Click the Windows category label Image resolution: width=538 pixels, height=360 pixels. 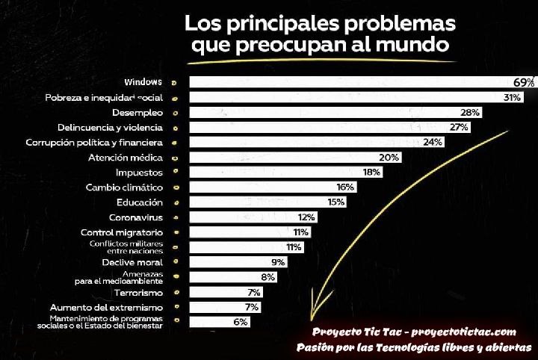143,81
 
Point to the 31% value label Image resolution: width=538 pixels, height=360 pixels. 512,97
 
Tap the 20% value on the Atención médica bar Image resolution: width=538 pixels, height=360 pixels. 389,158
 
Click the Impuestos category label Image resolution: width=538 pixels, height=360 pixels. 138,172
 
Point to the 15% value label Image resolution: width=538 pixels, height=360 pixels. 336,202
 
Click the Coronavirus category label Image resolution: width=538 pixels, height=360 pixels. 136,217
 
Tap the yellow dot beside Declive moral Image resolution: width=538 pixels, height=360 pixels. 177,262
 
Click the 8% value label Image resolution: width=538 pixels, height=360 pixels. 268,277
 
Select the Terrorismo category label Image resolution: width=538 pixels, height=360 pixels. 137,292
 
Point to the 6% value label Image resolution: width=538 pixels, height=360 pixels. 240,322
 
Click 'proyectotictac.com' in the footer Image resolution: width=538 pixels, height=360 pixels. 466,332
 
